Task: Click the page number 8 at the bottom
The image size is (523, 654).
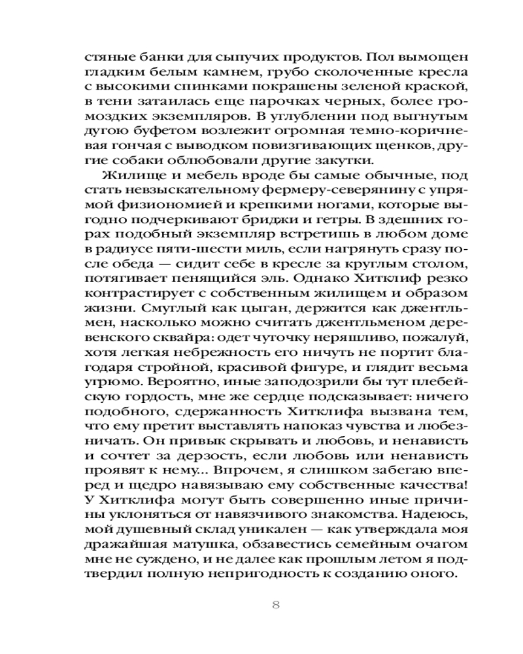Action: pyautogui.click(x=275, y=604)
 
